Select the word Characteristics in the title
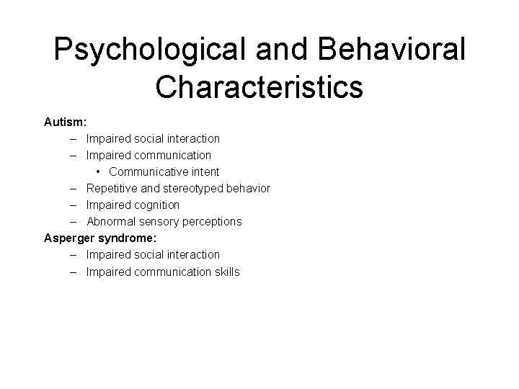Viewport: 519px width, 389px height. [x=259, y=88]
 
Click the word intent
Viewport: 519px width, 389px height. [x=203, y=171]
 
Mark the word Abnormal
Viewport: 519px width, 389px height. [x=110, y=221]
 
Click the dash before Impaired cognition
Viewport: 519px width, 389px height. [x=75, y=205]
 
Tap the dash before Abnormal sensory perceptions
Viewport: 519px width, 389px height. [x=75, y=221]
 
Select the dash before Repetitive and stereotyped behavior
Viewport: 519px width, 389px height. [x=75, y=188]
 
